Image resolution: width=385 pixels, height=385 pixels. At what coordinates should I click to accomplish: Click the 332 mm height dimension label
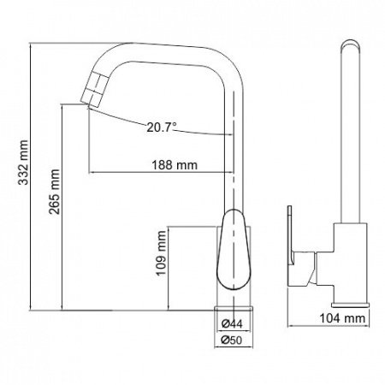(23, 169)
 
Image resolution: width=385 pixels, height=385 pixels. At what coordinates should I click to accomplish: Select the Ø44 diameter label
(234, 324)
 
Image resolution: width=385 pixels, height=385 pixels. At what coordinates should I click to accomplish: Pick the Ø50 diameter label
(234, 340)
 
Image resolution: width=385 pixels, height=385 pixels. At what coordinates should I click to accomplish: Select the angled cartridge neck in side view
(318, 269)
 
